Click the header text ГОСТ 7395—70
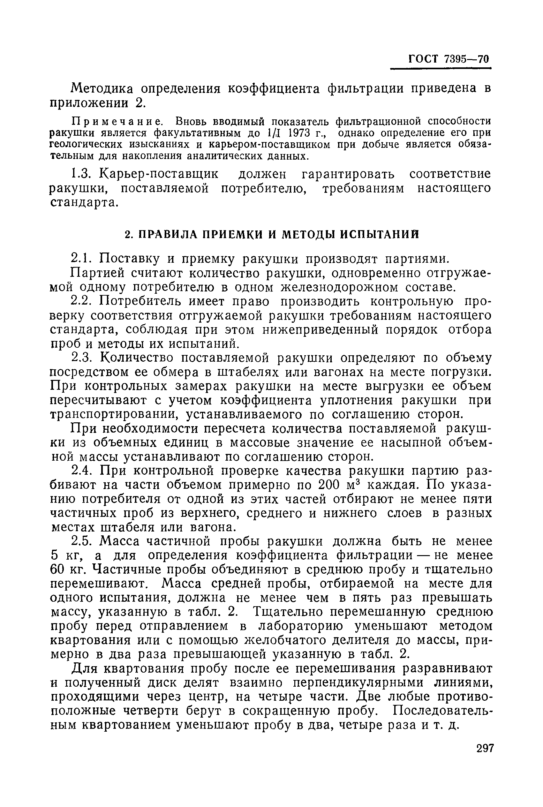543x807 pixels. [449, 59]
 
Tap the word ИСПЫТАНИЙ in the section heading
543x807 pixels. [379, 235]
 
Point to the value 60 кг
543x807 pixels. [66, 570]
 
